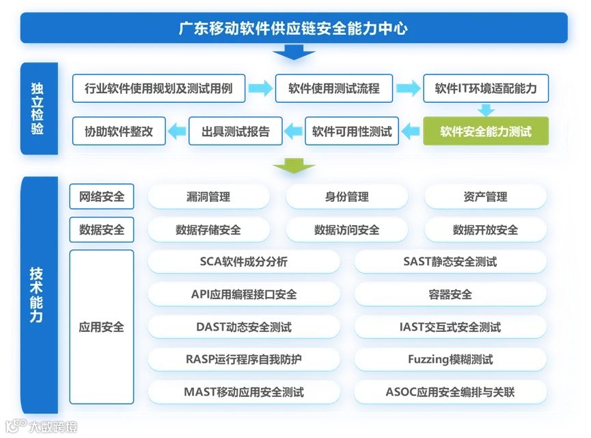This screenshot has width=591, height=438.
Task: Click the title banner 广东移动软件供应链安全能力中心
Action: (x=294, y=28)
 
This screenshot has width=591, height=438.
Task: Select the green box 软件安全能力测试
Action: (x=485, y=131)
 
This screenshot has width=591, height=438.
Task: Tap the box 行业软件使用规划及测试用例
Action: (x=159, y=88)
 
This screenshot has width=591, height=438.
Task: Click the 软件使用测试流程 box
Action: (x=333, y=88)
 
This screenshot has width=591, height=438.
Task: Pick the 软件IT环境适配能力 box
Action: (x=485, y=88)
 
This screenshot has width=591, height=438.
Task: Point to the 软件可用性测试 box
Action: (x=352, y=131)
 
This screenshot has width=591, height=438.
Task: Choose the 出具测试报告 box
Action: (x=235, y=131)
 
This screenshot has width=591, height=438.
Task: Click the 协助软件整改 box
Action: (x=119, y=131)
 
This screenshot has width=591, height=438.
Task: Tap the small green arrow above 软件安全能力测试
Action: (x=486, y=109)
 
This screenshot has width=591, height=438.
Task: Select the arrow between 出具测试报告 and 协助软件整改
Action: (x=178, y=131)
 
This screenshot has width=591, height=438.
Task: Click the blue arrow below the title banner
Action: (x=294, y=52)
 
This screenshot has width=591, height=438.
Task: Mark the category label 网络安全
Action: (x=102, y=196)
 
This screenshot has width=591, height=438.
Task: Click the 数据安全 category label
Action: (x=102, y=229)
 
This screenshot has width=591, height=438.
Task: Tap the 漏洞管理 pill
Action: (x=208, y=196)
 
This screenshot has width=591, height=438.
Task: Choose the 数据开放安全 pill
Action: (x=485, y=229)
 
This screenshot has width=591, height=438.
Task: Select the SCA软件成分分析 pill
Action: (x=243, y=261)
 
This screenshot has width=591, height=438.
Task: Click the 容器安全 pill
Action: (x=450, y=294)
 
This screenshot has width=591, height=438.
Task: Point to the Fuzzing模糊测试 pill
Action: (x=450, y=359)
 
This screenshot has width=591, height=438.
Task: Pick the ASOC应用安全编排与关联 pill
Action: (x=450, y=392)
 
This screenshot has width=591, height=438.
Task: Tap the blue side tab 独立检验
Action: (x=38, y=108)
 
